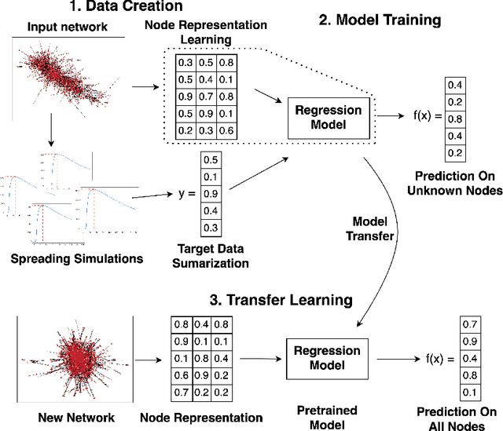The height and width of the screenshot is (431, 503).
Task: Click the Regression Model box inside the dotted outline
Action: tap(327, 116)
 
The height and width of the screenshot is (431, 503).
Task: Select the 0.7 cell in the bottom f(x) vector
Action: tap(469, 323)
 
